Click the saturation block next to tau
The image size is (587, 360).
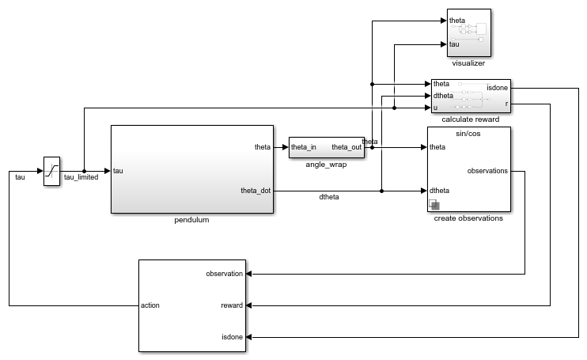click(x=51, y=169)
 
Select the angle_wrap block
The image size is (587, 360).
click(x=326, y=147)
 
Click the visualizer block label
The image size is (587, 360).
click(x=468, y=63)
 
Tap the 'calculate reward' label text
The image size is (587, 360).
click(x=468, y=119)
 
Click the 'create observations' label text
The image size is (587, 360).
click(x=468, y=218)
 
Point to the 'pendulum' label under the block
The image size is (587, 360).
click(x=191, y=220)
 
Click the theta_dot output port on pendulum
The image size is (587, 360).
click(x=256, y=190)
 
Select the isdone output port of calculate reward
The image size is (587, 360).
click(x=498, y=88)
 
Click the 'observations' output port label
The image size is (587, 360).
click(x=488, y=170)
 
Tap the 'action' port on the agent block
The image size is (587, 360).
click(x=150, y=305)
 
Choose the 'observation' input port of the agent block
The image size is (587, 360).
click(x=224, y=274)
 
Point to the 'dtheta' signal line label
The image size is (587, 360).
click(x=328, y=197)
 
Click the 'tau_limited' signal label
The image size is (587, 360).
click(x=81, y=177)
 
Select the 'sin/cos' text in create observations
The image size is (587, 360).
click(x=468, y=134)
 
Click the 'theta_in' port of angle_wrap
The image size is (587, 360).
click(x=304, y=147)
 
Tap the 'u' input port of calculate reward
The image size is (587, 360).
click(x=435, y=108)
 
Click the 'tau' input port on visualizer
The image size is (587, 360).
click(x=454, y=44)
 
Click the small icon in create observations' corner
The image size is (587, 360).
click(x=434, y=206)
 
